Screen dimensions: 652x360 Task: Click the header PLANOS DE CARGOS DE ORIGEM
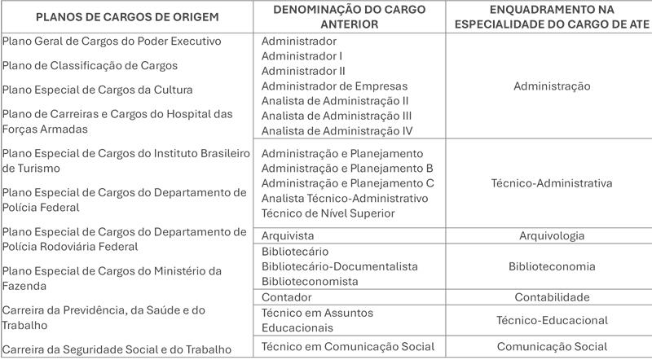point(128,16)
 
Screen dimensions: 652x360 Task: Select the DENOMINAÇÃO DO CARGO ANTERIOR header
point(351,16)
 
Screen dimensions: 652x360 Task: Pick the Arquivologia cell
point(552,235)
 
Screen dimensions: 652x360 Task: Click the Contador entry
point(287,297)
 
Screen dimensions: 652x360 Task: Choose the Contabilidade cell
point(552,297)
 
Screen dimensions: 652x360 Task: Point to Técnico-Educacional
point(552,320)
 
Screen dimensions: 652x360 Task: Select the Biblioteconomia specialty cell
point(552,266)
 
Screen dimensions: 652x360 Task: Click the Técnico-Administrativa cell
point(552,183)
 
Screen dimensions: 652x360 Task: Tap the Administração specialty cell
point(552,86)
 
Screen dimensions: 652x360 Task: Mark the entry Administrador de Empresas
point(334,86)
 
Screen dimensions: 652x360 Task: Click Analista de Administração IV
point(337,130)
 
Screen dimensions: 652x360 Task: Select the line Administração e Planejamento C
point(347,183)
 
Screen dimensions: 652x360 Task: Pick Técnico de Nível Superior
point(328,213)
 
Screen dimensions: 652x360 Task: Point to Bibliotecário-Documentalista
point(339,266)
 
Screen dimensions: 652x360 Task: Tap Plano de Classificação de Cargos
point(90,65)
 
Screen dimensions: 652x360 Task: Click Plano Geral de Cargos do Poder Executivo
point(112,41)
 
